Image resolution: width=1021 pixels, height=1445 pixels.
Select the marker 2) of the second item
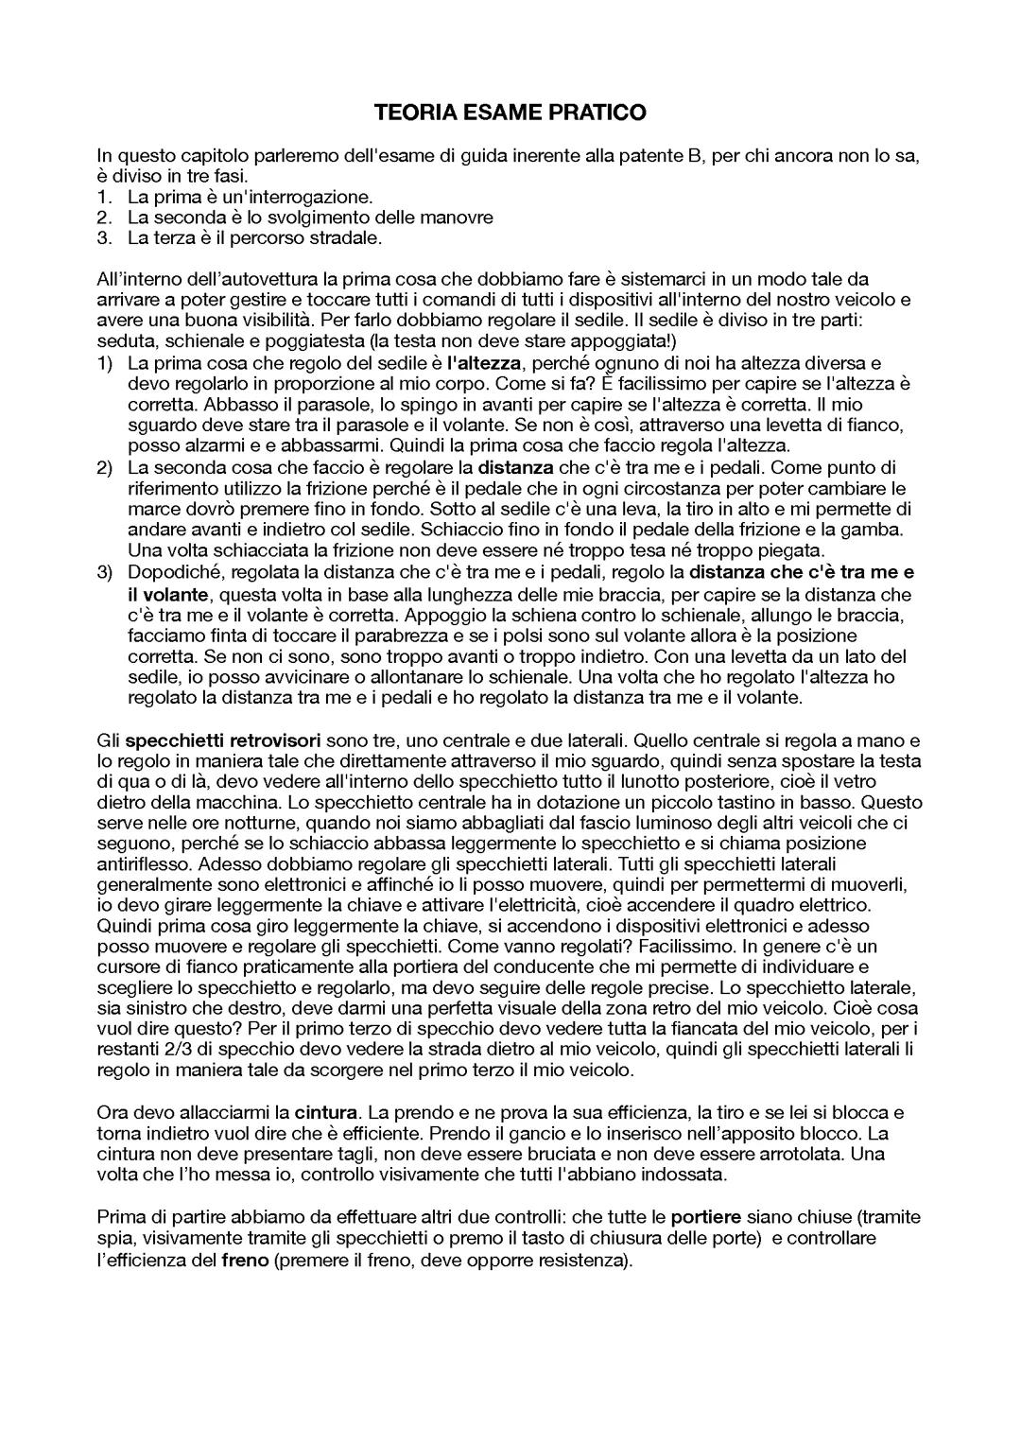coord(105,466)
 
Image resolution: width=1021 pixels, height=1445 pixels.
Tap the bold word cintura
coord(326,1112)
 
